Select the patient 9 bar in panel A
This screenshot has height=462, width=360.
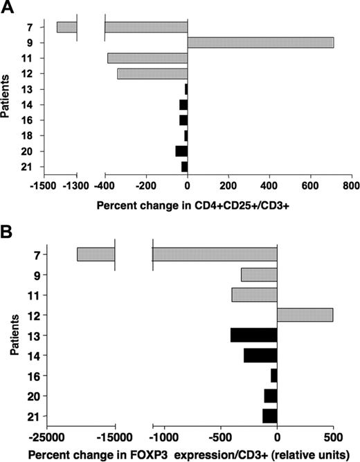(x=260, y=43)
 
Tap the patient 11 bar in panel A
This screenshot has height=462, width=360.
(x=147, y=58)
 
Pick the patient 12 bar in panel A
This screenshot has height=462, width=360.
(x=152, y=73)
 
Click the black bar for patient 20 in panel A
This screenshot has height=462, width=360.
(x=181, y=151)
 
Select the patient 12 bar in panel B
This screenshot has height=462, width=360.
(x=305, y=315)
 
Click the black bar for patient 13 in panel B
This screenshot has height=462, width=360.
(x=253, y=335)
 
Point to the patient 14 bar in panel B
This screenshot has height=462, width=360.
(x=260, y=355)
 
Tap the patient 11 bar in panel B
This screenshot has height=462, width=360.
(x=254, y=295)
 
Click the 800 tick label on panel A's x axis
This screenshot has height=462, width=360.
(x=350, y=187)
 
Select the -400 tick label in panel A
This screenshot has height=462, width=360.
(x=105, y=187)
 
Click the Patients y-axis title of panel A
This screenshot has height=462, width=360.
(x=8, y=97)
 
